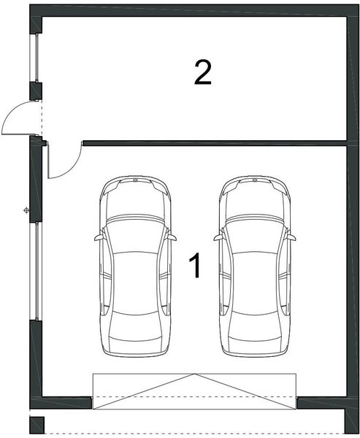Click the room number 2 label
(202, 73)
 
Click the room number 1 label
(195, 266)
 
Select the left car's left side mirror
(98, 237)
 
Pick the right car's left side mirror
(218, 237)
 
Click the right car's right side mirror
(291, 237)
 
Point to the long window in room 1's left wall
(34, 270)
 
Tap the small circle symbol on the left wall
(26, 211)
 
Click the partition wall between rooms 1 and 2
(212, 142)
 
